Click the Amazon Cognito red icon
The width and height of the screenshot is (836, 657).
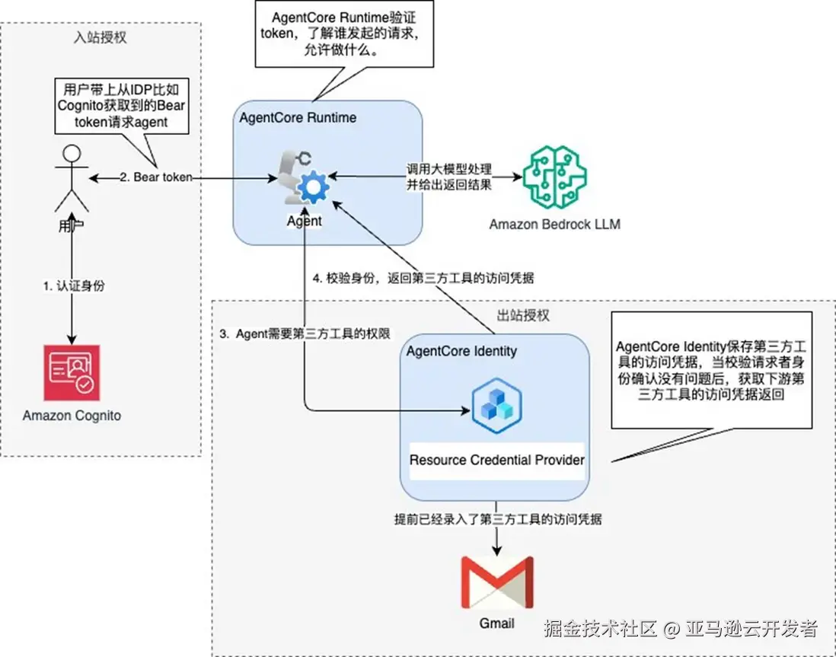tap(72, 372)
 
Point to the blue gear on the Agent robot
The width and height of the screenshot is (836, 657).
tap(311, 187)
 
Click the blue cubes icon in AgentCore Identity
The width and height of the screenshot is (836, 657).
tap(496, 405)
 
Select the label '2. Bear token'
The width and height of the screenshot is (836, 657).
tap(155, 177)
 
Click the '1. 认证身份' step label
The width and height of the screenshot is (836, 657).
tap(73, 286)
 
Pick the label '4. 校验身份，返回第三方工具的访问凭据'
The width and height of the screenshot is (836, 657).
tap(425, 278)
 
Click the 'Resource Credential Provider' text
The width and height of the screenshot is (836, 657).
tap(496, 460)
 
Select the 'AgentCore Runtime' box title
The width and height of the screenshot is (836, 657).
tap(298, 118)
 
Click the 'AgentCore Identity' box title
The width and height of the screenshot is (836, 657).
tap(461, 351)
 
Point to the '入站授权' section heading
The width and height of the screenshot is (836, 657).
tap(100, 37)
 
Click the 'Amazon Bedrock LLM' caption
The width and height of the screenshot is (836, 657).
tap(554, 224)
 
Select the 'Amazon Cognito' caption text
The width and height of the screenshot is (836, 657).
tap(72, 416)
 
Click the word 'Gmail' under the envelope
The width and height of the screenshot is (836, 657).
tap(496, 623)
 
